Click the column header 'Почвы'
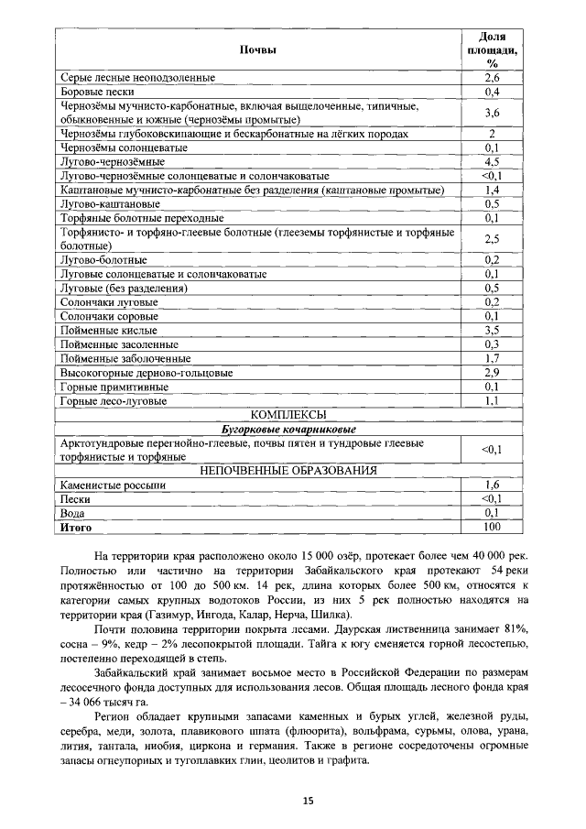[257, 49]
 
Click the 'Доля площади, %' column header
[491, 49]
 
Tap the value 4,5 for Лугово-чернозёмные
[491, 162]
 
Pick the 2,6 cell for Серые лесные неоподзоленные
[491, 78]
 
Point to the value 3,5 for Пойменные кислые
[491, 330]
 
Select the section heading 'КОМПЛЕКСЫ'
[288, 415]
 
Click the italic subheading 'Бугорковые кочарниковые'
[288, 429]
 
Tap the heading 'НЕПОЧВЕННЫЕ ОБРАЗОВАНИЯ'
[288, 471]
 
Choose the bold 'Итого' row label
[76, 527]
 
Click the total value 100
[491, 527]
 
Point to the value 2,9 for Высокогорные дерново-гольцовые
[491, 373]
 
